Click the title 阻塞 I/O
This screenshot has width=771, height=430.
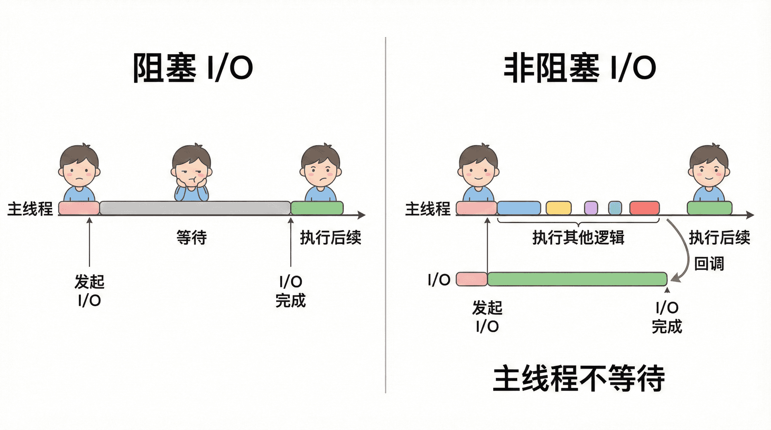193,68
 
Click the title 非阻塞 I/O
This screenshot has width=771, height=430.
579,68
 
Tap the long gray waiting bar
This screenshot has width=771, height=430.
195,208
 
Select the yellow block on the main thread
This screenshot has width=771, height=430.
558,208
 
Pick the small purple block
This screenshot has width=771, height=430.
591,208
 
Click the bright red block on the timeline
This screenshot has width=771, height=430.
644,208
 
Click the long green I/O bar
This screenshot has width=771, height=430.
577,279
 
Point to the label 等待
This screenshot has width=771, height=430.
192,237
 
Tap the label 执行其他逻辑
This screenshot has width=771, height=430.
578,237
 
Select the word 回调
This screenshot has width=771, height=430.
709,264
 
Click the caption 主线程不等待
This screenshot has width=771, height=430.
579,378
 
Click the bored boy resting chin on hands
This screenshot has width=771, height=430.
192,172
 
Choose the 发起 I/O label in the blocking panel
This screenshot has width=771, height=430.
89,291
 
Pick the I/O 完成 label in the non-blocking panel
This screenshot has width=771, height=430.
667,317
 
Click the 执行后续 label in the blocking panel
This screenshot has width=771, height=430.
330,237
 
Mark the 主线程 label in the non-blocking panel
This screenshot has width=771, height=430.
428,209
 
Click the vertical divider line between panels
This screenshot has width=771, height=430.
385,217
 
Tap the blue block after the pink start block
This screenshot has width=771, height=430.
518,208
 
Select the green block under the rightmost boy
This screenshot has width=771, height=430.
709,208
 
